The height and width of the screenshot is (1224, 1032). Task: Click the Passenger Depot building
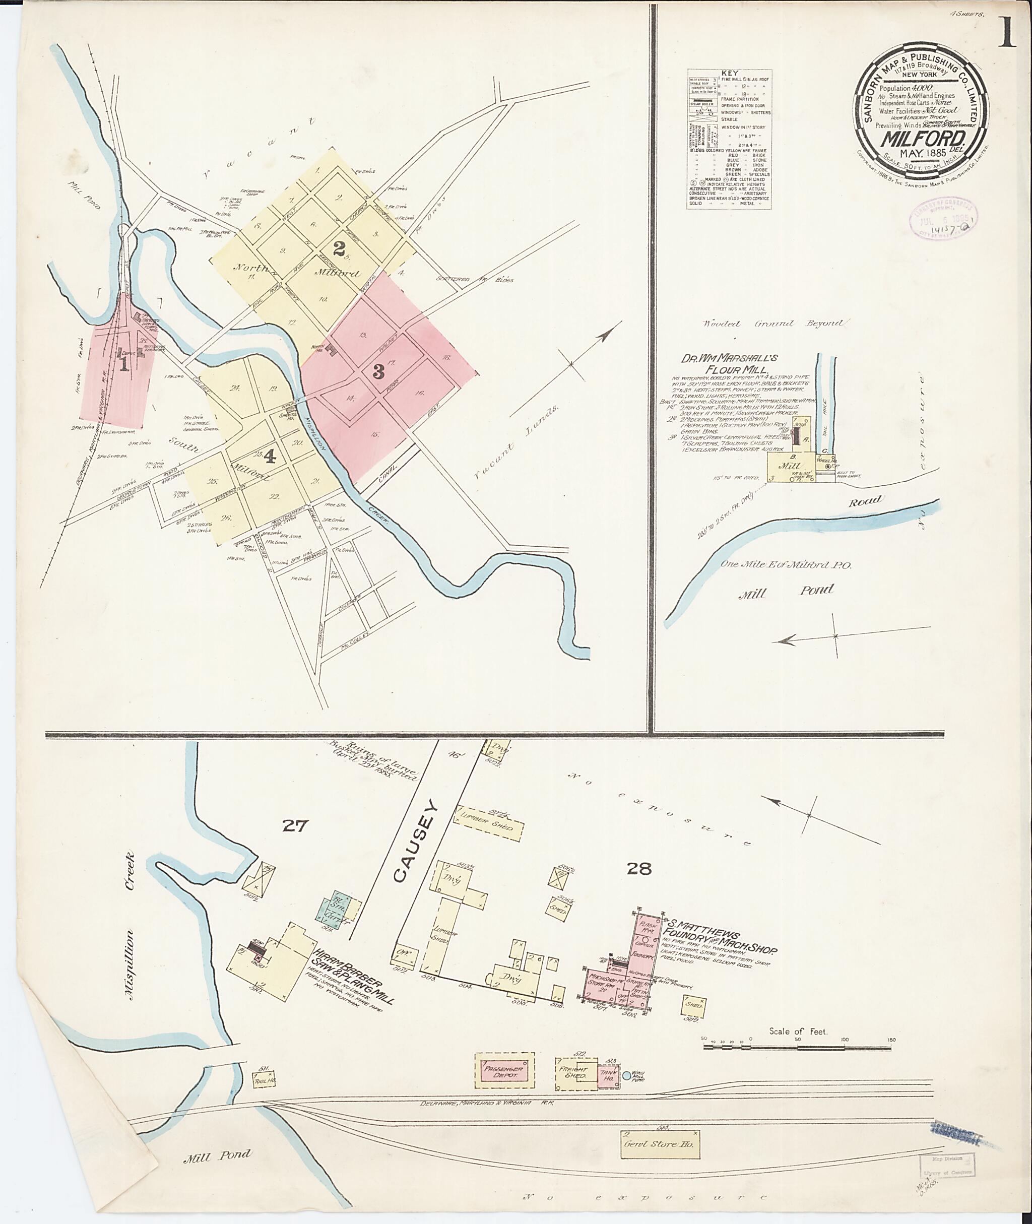coord(504,1071)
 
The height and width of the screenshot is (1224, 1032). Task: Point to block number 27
coord(295,825)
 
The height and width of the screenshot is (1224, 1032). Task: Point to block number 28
coord(639,868)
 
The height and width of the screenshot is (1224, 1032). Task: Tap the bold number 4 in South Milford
coord(269,457)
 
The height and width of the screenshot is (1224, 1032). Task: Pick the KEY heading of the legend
coord(730,73)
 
